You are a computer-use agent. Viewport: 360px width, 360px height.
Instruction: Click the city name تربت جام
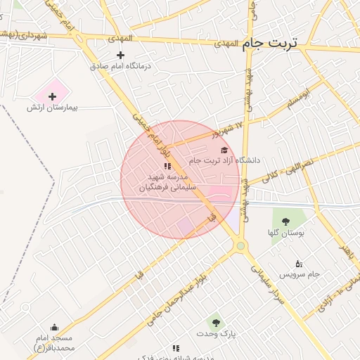click(x=271, y=44)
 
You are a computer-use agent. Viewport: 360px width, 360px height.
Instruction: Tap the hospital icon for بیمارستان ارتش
click(x=52, y=96)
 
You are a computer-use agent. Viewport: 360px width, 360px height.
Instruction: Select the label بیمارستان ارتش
click(x=51, y=108)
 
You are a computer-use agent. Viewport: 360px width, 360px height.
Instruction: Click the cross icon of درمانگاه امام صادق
click(x=120, y=55)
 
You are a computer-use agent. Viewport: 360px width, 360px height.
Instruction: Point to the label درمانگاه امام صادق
click(x=120, y=66)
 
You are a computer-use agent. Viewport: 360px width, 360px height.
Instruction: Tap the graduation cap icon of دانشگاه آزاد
click(x=224, y=150)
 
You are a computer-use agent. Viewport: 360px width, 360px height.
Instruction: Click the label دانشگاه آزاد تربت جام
click(x=225, y=160)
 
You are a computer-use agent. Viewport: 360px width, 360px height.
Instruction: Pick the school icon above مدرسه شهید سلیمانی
click(x=167, y=166)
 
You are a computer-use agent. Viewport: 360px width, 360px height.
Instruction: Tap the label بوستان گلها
click(x=284, y=233)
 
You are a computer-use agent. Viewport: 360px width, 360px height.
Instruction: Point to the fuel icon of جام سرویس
click(x=298, y=264)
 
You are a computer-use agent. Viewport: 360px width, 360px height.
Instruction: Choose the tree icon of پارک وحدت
click(x=215, y=323)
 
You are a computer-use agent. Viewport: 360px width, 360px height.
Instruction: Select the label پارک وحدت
click(x=215, y=334)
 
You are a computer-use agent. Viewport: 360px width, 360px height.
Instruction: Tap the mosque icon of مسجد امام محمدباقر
click(x=54, y=327)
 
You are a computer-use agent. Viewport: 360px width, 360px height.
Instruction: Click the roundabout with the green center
click(x=241, y=245)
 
